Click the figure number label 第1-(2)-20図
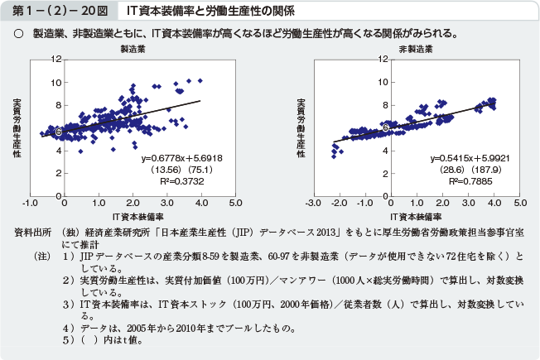[x=55, y=12]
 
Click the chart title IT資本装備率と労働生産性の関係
[x=205, y=12]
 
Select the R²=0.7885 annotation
[x=466, y=179]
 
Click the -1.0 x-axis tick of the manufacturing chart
[x=30, y=203]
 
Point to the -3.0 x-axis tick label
[x=312, y=203]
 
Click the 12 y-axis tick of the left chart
[x=55, y=59]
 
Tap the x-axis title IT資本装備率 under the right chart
[x=416, y=215]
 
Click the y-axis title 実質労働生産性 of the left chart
[x=17, y=128]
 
